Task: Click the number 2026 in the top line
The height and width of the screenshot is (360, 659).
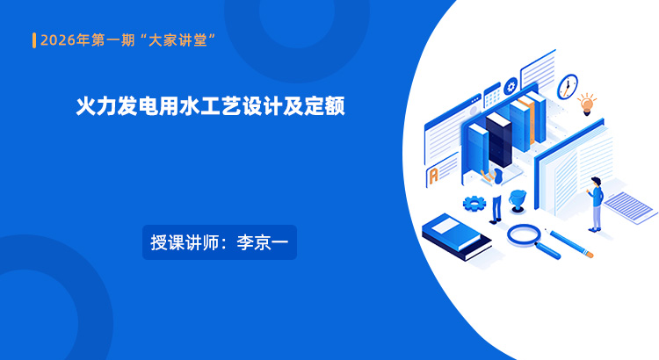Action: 58,40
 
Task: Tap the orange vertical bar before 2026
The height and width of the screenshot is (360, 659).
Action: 34,40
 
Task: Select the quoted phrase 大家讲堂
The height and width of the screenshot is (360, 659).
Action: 177,40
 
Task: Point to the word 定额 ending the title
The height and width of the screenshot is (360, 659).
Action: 324,106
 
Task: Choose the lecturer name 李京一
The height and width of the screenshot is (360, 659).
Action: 263,242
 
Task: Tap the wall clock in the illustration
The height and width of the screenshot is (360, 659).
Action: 568,87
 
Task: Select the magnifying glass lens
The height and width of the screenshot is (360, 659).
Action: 524,234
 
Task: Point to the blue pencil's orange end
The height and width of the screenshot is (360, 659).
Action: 590,255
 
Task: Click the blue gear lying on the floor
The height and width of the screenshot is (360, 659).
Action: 474,204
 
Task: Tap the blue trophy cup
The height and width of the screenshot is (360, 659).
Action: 518,201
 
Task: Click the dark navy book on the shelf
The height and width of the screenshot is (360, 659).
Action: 499,140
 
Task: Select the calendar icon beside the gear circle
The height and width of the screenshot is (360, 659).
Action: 492,96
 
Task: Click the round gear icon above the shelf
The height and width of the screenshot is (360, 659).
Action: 511,87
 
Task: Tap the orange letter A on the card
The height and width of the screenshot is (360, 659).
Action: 433,176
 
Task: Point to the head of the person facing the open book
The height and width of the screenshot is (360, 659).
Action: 596,182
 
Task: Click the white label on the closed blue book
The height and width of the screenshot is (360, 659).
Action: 445,227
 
